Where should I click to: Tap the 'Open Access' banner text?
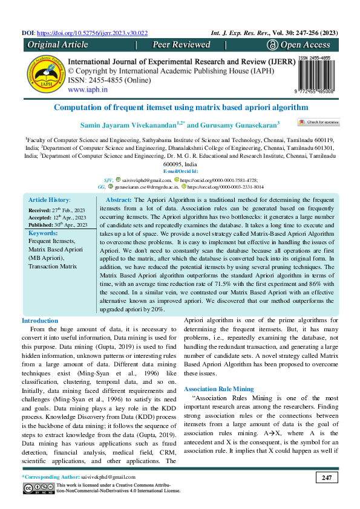303,45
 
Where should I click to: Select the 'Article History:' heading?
50,199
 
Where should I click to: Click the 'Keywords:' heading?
43,233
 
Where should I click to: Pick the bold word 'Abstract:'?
119,199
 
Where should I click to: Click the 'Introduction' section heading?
40,320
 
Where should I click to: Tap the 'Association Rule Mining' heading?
218,389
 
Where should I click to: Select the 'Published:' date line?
57,225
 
